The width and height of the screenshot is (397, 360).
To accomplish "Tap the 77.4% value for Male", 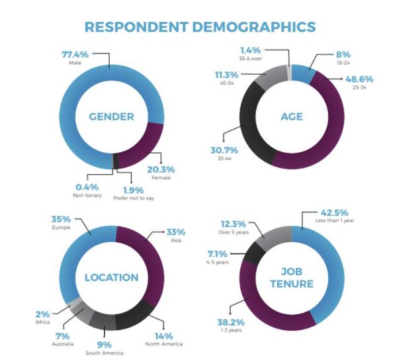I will tap(75, 53).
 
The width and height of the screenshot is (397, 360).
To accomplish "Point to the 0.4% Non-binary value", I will tap(86, 186).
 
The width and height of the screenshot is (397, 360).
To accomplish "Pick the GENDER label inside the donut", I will tap(112, 117).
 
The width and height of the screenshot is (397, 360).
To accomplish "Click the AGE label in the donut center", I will tap(292, 117).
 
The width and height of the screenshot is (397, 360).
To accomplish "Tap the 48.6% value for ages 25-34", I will tap(357, 79).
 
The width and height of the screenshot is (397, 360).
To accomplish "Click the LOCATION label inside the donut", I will tap(112, 277).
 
